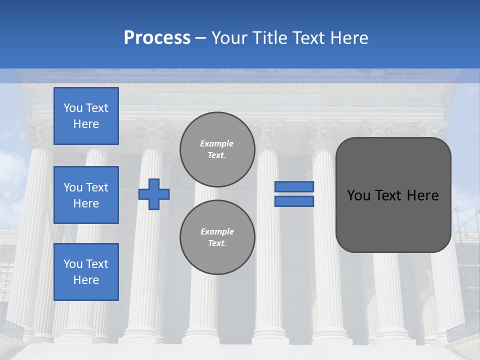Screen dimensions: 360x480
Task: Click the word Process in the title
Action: click(157, 38)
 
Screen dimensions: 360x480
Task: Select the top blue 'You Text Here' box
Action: click(86, 116)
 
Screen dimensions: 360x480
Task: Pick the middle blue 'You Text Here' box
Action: click(86, 195)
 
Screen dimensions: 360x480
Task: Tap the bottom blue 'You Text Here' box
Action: click(86, 272)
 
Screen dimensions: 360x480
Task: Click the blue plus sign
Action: click(153, 194)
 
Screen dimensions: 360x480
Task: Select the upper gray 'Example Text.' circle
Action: click(217, 149)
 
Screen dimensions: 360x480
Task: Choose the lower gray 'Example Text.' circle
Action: click(217, 237)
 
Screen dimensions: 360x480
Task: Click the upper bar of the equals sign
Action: click(294, 187)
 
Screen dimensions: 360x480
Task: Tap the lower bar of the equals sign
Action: click(294, 201)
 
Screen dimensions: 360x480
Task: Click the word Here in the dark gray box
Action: click(422, 195)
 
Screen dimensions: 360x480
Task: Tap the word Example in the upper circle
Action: click(217, 143)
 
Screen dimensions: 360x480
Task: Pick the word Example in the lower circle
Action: click(217, 231)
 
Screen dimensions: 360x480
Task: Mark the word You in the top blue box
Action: click(72, 108)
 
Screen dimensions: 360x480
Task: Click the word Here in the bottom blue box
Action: click(86, 280)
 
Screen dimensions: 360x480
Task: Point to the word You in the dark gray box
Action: click(358, 195)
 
